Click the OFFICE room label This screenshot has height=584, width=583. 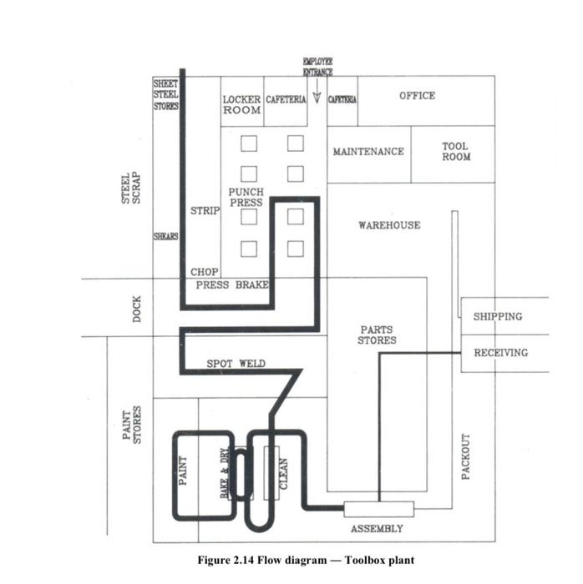[x=417, y=96]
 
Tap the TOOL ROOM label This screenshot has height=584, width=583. [x=456, y=152]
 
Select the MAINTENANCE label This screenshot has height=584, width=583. [x=368, y=152]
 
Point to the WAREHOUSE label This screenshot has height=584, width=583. [x=389, y=225]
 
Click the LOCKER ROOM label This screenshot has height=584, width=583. [x=241, y=104]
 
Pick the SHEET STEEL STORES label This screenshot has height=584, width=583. [x=166, y=95]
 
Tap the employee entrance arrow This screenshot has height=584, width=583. [x=317, y=98]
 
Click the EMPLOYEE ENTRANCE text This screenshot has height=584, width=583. [x=317, y=67]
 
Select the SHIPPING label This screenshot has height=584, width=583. [x=498, y=317]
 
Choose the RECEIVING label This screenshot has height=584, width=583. [x=501, y=353]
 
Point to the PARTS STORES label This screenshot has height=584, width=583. [x=377, y=335]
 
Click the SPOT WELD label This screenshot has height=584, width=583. [x=236, y=364]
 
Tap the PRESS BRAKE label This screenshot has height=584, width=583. [x=232, y=284]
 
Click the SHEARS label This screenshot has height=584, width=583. [x=165, y=237]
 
